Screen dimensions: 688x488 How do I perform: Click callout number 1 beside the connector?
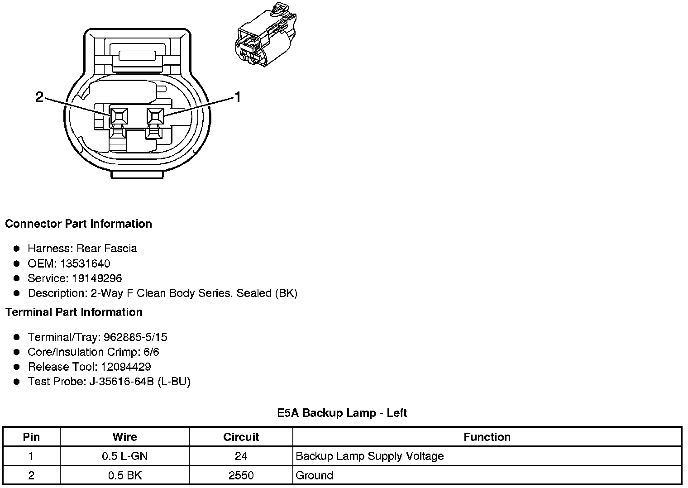tap(237, 96)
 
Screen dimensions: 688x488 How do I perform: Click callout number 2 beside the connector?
tap(40, 96)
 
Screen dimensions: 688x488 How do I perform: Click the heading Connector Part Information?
tap(78, 224)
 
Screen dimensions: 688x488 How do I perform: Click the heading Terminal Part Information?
tap(74, 312)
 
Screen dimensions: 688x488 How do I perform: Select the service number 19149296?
tap(97, 278)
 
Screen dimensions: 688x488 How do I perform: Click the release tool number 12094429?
tap(126, 367)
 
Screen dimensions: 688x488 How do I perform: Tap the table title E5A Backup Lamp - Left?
tap(342, 413)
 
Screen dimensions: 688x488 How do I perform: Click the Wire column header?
tap(124, 437)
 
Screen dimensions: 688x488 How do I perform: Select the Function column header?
tap(487, 437)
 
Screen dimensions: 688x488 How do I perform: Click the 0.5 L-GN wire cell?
tap(124, 456)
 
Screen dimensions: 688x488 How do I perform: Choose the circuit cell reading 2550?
tap(241, 475)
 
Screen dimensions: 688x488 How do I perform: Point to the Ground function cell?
tap(314, 475)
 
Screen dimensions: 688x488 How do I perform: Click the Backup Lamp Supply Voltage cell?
tap(369, 456)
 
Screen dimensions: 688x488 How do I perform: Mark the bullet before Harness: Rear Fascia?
tap(17, 249)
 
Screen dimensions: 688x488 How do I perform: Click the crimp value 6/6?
tap(150, 352)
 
